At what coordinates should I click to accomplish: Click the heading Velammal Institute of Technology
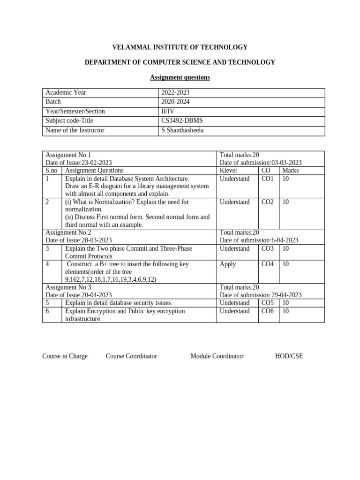pyautogui.click(x=180, y=47)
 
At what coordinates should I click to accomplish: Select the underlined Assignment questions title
pyautogui.click(x=180, y=77)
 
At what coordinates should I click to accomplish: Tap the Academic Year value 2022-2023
pyautogui.click(x=175, y=93)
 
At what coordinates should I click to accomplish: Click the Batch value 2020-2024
pyautogui.click(x=175, y=102)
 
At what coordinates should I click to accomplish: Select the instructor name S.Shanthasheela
pyautogui.click(x=182, y=130)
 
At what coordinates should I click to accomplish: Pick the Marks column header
pyautogui.click(x=290, y=171)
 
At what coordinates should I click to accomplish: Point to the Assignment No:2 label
pyautogui.click(x=68, y=232)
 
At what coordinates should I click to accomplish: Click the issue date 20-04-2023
pyautogui.click(x=97, y=295)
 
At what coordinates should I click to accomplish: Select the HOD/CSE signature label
pyautogui.click(x=289, y=356)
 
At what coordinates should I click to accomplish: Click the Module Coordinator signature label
pyautogui.click(x=217, y=356)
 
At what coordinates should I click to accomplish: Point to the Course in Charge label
pyautogui.click(x=65, y=356)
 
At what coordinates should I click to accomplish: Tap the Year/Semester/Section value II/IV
pyautogui.click(x=169, y=112)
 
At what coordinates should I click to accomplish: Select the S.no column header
pyautogui.click(x=52, y=171)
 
